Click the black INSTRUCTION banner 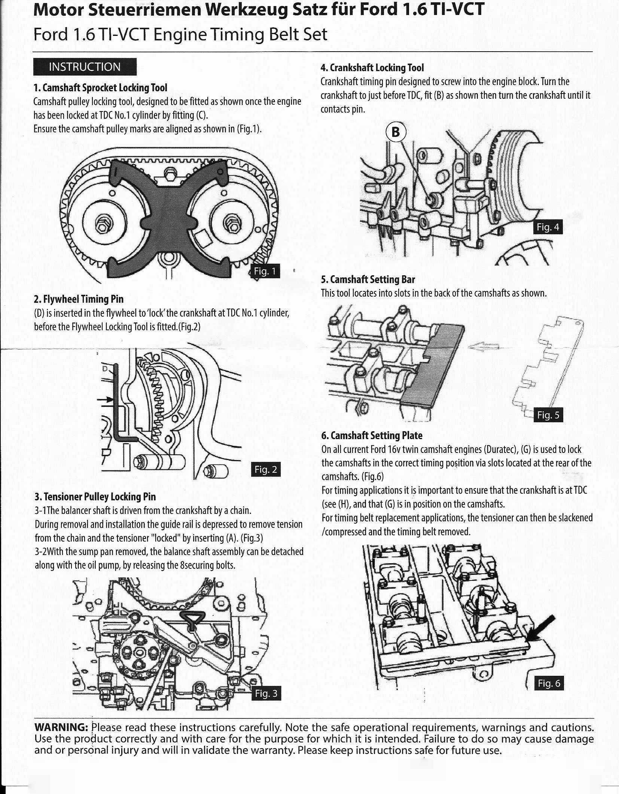85,67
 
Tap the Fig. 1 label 264,271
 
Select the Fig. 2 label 265,470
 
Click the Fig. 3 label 266,694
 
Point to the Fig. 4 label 548,227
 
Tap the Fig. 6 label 549,684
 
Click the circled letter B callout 396,132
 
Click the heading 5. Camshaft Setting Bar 368,279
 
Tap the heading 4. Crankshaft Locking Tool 372,68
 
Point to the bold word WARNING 61,727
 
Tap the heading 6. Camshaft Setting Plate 371,435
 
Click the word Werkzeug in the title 249,10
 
